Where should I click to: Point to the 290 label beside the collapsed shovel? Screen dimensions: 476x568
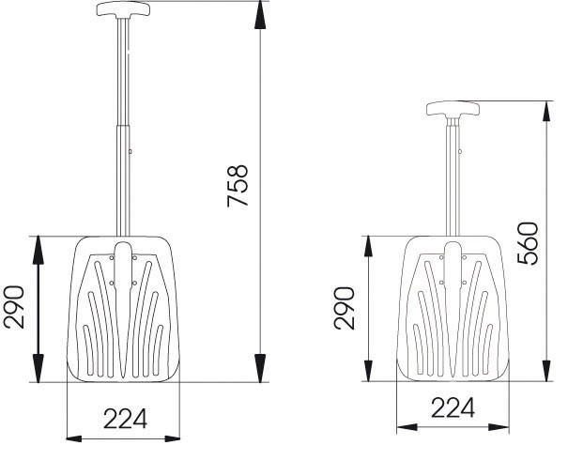tap(345, 307)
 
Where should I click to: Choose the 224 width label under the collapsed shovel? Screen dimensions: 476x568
tap(453, 407)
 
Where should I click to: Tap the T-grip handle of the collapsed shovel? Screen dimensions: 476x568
tap(453, 109)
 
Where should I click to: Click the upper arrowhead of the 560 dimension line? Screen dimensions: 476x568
tap(547, 107)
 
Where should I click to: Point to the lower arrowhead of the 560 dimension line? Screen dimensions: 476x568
tap(547, 375)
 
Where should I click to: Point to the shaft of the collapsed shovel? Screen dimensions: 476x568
tap(453, 178)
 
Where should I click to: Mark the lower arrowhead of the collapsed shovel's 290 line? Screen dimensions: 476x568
tap(368, 375)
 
